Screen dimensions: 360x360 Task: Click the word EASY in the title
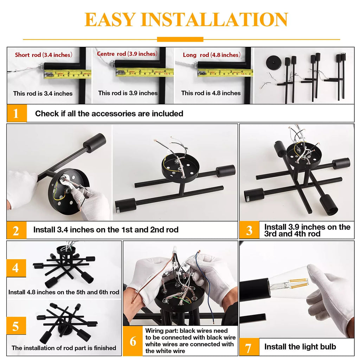pos(110,20)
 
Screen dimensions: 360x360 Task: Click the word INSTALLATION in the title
pos(214,20)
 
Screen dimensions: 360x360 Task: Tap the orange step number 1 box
pos(17,113)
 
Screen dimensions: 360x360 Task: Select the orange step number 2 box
pos(17,230)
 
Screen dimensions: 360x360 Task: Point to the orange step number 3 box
pos(249,230)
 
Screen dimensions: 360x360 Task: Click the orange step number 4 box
pos(16,268)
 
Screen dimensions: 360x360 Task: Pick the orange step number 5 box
pos(16,326)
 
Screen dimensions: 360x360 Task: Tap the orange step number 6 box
pos(133,341)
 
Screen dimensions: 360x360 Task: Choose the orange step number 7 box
pos(249,347)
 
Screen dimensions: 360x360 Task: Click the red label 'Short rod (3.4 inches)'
pos(44,55)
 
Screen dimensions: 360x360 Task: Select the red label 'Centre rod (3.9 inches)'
pos(127,54)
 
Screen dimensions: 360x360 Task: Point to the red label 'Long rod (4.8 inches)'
pos(212,55)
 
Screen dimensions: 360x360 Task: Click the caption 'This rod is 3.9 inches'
pos(128,93)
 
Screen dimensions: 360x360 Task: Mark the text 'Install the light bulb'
pos(300,347)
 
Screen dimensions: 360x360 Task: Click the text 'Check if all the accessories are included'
pos(109,114)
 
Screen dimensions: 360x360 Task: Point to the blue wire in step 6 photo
pos(204,285)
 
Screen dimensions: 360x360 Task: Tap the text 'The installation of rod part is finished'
pos(64,348)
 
